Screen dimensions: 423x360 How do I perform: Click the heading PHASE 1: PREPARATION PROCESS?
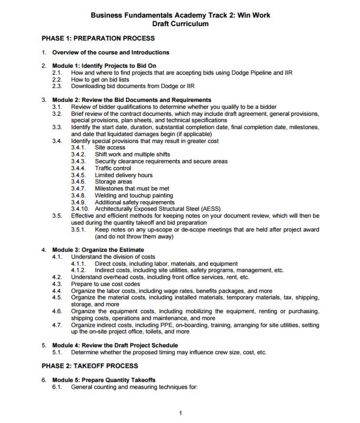pyautogui.click(x=98, y=38)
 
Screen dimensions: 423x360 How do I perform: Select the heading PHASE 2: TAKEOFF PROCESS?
pyautogui.click(x=90, y=366)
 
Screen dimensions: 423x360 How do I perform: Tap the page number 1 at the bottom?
pyautogui.click(x=181, y=413)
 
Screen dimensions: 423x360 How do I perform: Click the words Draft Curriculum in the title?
pyautogui.click(x=180, y=24)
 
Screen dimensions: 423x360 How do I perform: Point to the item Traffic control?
pyautogui.click(x=113, y=168)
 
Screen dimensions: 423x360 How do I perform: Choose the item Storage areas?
pyautogui.click(x=113, y=182)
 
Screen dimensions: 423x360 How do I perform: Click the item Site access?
pyautogui.click(x=110, y=147)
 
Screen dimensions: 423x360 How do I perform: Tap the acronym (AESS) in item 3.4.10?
pyautogui.click(x=210, y=209)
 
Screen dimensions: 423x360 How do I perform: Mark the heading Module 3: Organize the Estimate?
pyautogui.click(x=103, y=250)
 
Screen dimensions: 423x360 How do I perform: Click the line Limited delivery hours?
pyautogui.click(x=123, y=175)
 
